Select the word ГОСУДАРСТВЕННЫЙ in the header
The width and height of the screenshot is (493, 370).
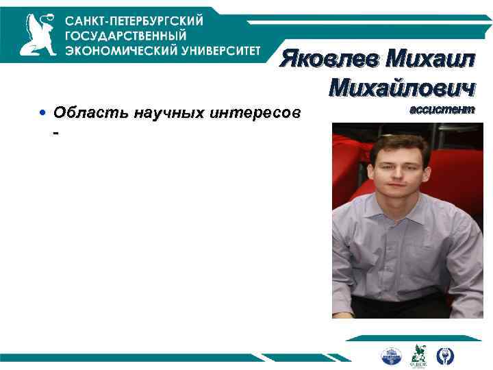point(126,35)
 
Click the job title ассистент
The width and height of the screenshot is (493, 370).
point(441,110)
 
